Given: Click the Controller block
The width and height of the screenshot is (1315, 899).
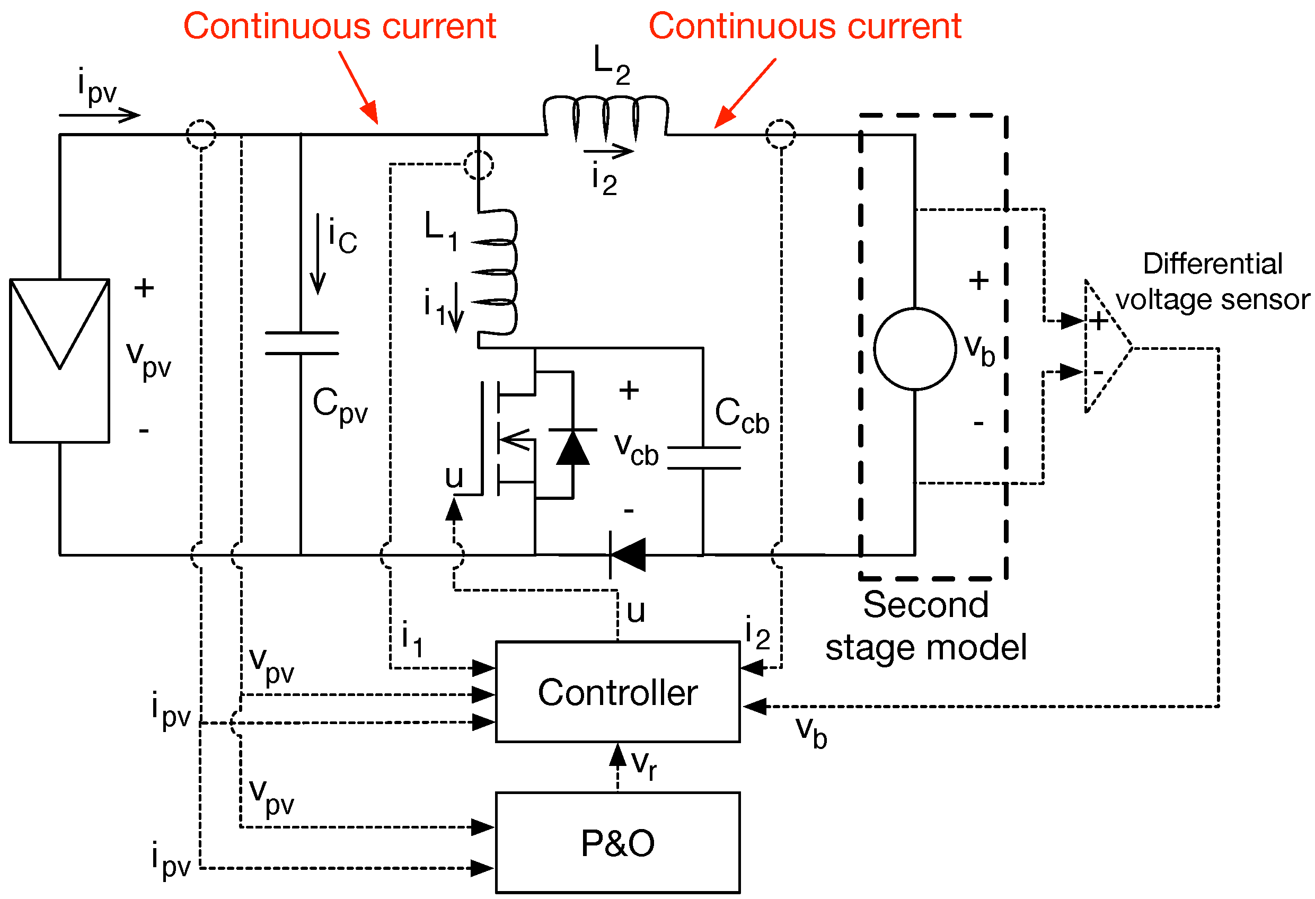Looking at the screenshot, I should tap(617, 692).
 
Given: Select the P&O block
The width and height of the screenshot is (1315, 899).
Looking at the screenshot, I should tap(617, 842).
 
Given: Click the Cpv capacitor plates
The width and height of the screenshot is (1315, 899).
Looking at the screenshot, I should tap(302, 343).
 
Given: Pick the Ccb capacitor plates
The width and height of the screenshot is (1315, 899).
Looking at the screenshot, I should tap(703, 457).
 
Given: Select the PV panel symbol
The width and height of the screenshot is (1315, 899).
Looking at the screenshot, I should tap(59, 360).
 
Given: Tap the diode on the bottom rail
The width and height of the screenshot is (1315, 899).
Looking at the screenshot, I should tap(627, 554).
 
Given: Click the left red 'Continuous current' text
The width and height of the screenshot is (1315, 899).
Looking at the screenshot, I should tap(340, 26).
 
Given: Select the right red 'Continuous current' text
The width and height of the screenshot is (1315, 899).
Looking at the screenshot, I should tap(805, 26).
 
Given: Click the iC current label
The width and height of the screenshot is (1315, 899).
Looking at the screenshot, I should tap(342, 236).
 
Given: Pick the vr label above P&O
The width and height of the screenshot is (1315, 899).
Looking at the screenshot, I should tap(644, 765).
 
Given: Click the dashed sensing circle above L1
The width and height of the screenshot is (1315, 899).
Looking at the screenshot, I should tap(478, 165).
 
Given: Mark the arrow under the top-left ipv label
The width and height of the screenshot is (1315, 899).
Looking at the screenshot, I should tap(99, 115).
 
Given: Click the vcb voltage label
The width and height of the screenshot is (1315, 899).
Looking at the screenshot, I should tap(636, 449).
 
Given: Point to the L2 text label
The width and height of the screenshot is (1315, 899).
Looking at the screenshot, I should tap(611, 65).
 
